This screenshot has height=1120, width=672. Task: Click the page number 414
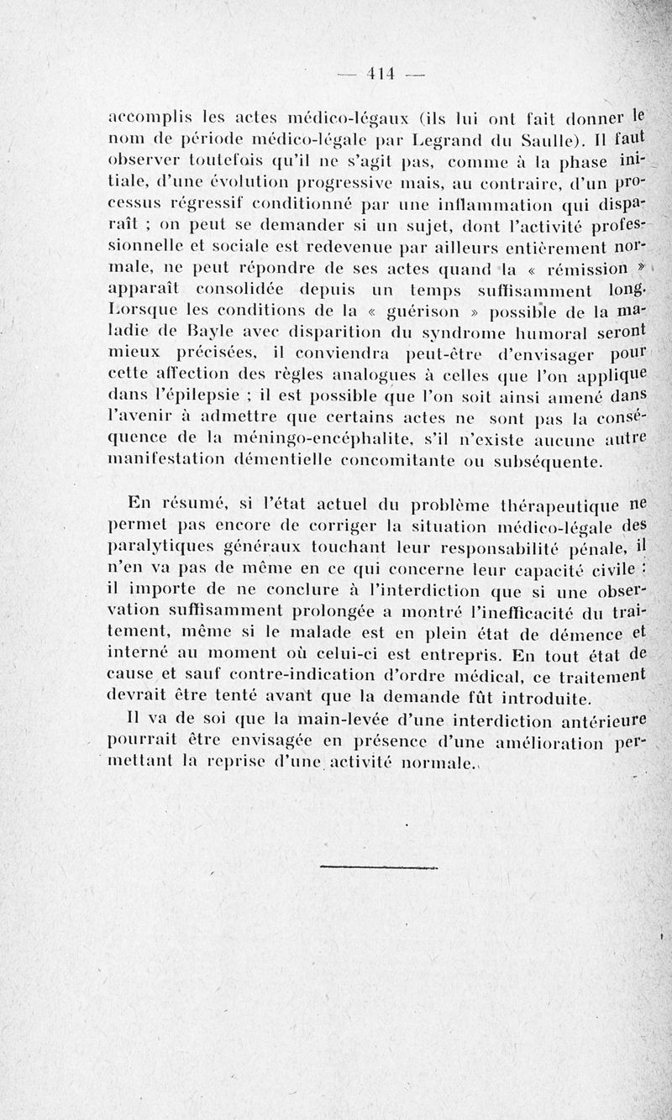point(381,74)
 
